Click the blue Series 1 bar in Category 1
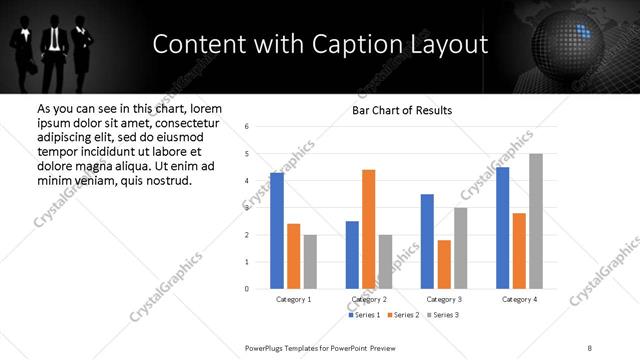[x=277, y=231]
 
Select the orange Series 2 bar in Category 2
[x=368, y=229]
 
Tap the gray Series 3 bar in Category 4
[x=536, y=221]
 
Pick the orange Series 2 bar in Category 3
[x=444, y=264]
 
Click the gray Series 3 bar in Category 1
[x=310, y=262]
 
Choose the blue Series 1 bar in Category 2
[x=352, y=255]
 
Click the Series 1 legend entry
[x=363, y=315]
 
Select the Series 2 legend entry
[x=401, y=315]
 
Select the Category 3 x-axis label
[x=444, y=299]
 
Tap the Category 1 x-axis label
[x=293, y=299]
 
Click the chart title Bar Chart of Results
[x=402, y=110]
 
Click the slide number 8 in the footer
[x=590, y=347]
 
